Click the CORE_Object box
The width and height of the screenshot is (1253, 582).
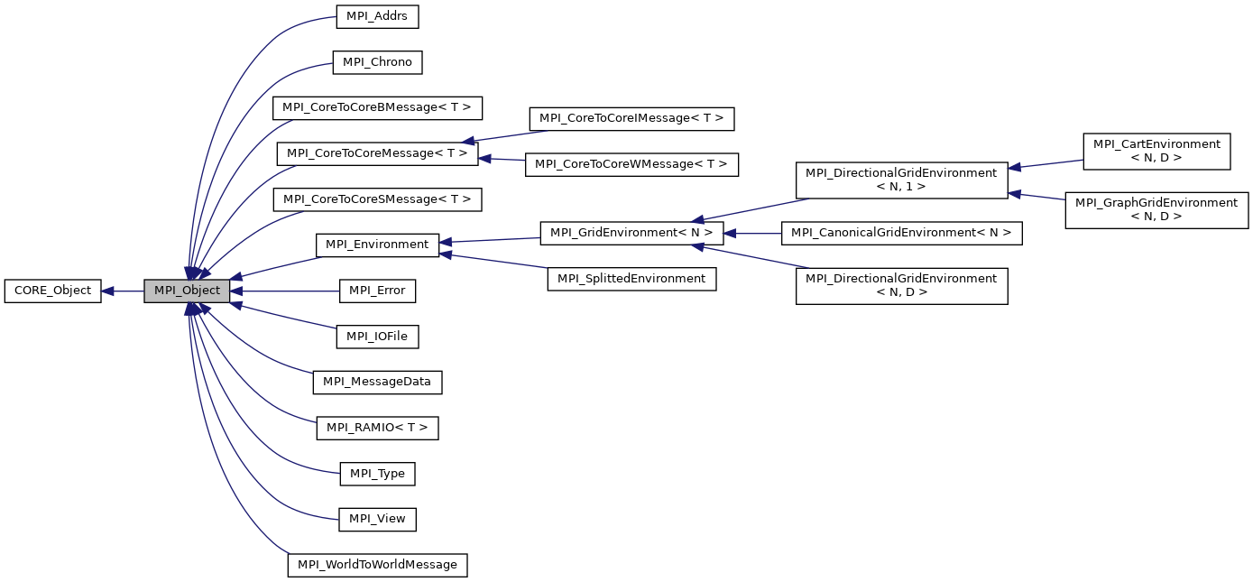click(52, 291)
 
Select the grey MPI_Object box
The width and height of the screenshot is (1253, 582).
click(187, 291)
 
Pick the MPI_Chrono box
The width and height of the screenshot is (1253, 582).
click(377, 62)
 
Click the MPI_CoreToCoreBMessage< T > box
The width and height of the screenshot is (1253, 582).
click(377, 107)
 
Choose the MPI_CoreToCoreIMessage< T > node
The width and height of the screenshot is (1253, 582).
click(631, 118)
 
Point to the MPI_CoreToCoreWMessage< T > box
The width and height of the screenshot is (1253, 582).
click(631, 164)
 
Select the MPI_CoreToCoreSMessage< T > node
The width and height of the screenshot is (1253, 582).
click(377, 199)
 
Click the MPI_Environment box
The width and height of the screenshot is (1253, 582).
click(377, 245)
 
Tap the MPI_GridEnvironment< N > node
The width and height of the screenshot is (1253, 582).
click(631, 233)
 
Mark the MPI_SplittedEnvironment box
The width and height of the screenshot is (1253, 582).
click(631, 279)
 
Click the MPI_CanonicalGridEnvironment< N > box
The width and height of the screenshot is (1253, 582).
click(901, 233)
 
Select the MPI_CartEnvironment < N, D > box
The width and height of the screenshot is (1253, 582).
click(1156, 152)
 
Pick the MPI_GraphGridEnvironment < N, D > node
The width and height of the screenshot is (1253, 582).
click(1156, 209)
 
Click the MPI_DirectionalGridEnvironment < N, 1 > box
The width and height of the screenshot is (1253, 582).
click(901, 180)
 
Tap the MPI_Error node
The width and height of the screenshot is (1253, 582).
click(377, 291)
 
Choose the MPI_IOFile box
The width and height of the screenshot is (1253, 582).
click(377, 337)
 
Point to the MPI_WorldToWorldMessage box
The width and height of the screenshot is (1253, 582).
click(377, 565)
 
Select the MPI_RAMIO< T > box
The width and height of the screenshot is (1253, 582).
click(377, 428)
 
